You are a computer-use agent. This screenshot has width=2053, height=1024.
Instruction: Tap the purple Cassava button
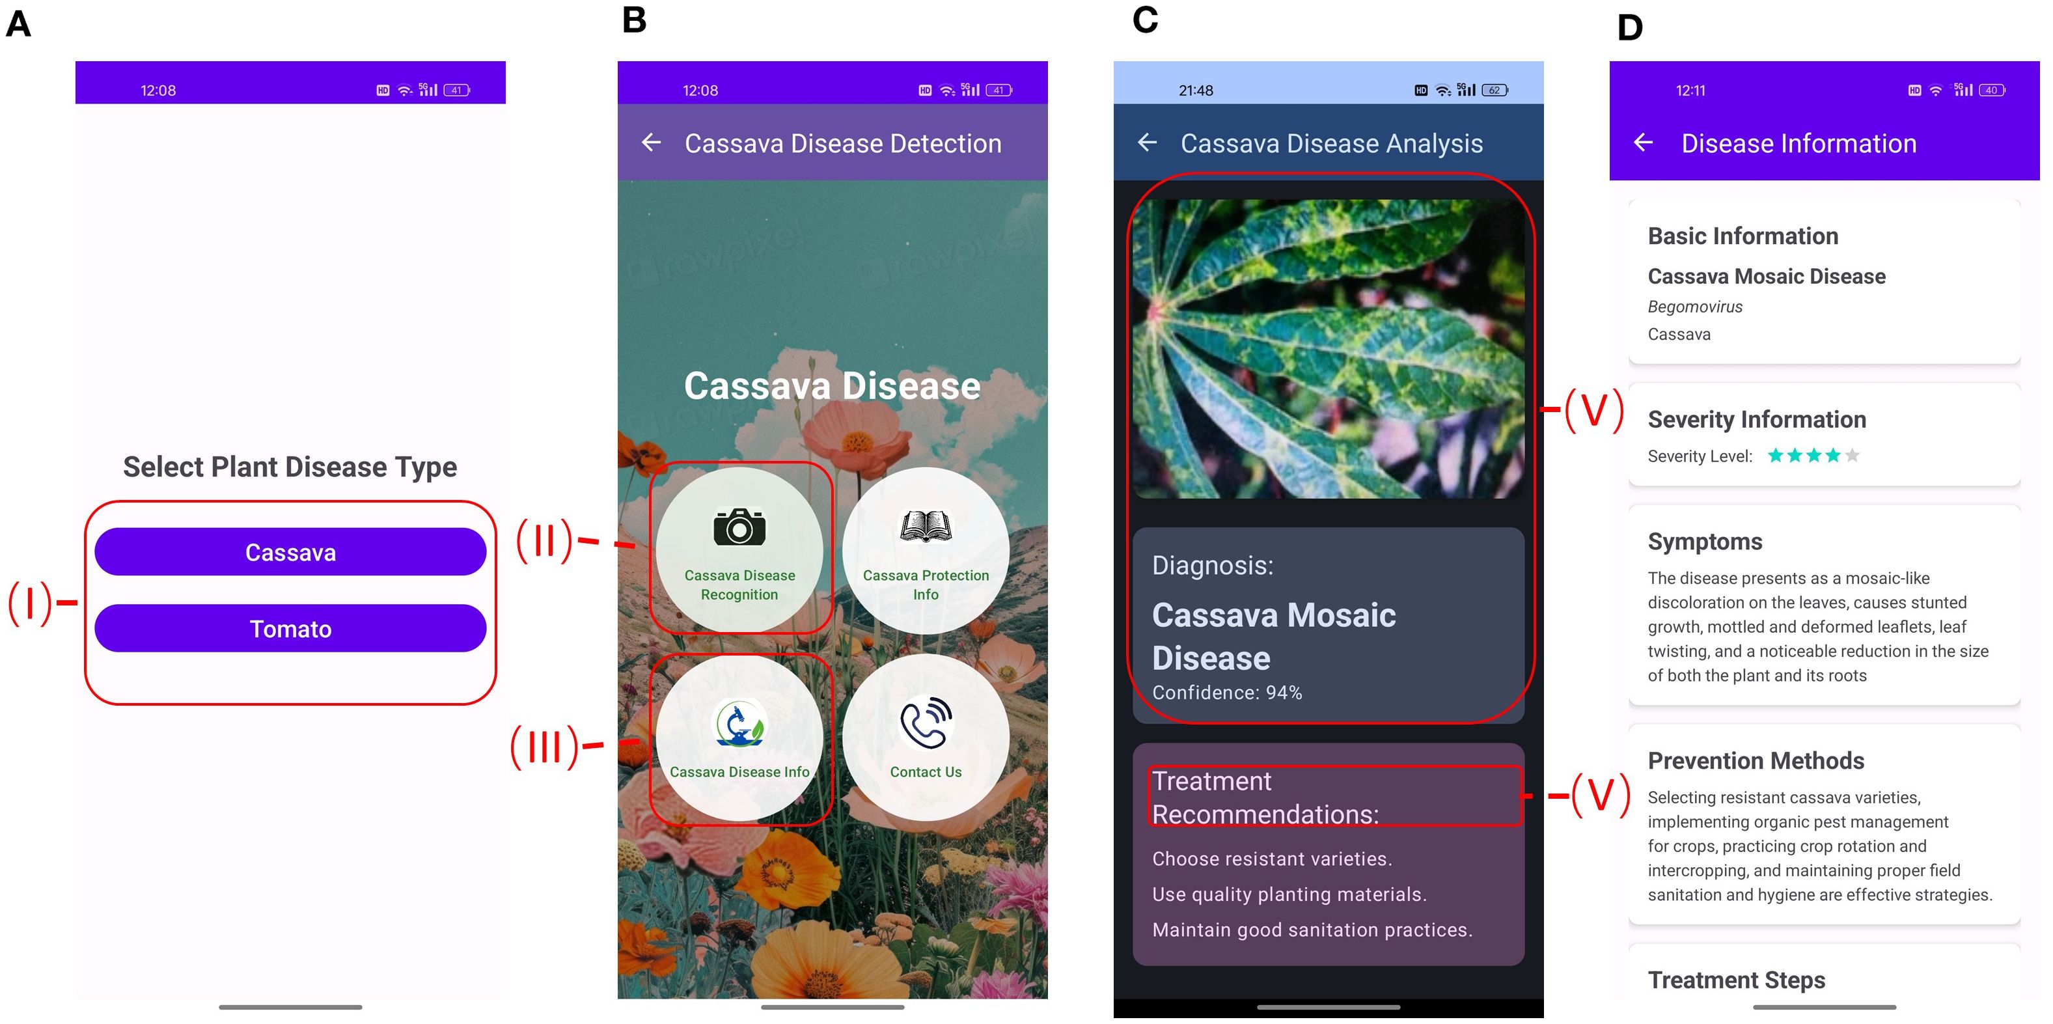(290, 551)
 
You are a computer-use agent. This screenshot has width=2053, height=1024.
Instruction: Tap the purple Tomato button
(290, 628)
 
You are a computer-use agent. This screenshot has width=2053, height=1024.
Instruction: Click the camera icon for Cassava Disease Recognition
(739, 527)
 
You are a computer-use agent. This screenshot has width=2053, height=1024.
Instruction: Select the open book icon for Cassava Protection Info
(926, 527)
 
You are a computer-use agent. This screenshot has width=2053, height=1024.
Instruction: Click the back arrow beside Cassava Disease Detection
(651, 143)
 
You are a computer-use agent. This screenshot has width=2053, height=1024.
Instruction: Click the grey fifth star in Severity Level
(1852, 455)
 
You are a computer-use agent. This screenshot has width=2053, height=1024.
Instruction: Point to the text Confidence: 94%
(1226, 693)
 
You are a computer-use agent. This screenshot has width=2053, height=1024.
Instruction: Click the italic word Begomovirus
(1694, 307)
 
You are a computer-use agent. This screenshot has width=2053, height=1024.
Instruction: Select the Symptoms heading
(1705, 541)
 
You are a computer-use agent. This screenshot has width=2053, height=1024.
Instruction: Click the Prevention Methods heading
(1756, 760)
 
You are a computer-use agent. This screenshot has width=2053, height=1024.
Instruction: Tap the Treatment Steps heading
(1736, 979)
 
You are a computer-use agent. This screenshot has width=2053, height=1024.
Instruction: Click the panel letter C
(1144, 20)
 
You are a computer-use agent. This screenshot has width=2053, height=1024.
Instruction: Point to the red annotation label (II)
(544, 541)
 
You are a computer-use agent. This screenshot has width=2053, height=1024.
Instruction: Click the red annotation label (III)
(544, 747)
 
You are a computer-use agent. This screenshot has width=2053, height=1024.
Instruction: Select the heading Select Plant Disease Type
(290, 466)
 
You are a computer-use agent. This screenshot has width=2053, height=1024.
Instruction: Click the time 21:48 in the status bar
(1196, 90)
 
